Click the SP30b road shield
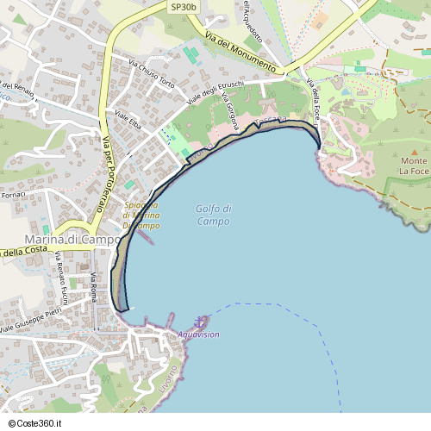[184, 7]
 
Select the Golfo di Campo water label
[213, 215]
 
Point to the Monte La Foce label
[413, 166]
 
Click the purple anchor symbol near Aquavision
[200, 322]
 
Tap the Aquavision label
[198, 334]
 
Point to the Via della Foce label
[314, 98]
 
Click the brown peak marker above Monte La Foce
[413, 147]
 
